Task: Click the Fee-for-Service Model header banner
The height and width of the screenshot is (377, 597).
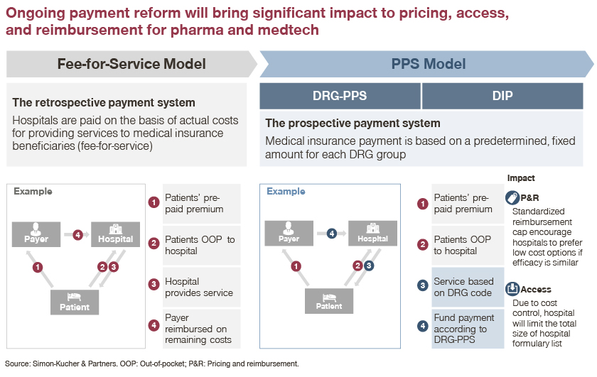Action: [131, 64]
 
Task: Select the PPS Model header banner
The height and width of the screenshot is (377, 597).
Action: [427, 64]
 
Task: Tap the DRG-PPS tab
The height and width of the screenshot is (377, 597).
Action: [340, 96]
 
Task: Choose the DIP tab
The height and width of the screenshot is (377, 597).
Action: [502, 96]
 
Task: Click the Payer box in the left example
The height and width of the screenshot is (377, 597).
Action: [36, 234]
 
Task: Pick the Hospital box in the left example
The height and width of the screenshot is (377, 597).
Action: [115, 234]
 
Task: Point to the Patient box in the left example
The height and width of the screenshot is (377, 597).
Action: [75, 302]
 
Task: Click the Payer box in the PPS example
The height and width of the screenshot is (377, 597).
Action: [289, 233]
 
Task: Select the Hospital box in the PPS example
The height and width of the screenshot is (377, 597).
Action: [372, 233]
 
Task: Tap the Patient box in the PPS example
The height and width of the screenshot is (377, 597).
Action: [329, 301]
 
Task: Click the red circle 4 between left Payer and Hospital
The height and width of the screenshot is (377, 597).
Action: [78, 235]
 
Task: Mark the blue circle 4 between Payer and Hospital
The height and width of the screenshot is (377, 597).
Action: [332, 233]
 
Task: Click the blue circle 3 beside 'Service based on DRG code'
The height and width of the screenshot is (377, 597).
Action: [423, 285]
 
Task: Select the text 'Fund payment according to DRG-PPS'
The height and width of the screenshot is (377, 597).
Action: [463, 328]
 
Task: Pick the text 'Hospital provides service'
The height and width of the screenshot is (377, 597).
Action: [199, 287]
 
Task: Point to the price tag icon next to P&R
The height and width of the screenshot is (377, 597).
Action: [512, 198]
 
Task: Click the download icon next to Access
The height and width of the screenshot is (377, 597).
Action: [512, 289]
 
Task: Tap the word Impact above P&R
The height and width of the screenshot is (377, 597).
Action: [521, 178]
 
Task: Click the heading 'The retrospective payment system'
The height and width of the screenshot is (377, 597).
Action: [104, 102]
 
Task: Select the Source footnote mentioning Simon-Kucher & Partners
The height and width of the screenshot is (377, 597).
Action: [152, 364]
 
